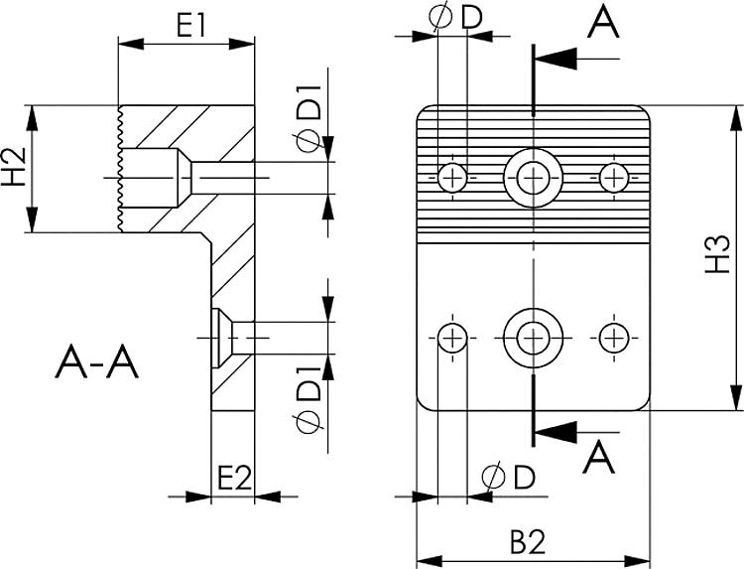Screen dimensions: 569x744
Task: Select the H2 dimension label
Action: click(x=14, y=168)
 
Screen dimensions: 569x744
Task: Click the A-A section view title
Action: click(x=97, y=362)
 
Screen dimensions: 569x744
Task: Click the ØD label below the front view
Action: click(x=508, y=478)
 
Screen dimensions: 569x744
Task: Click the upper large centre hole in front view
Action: click(x=534, y=178)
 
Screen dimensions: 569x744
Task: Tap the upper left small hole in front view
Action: click(x=453, y=178)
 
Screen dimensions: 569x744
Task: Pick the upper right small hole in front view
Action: click(x=615, y=178)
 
